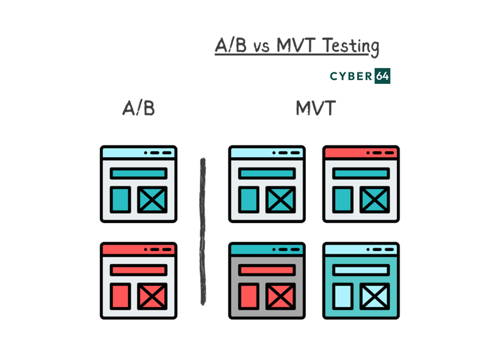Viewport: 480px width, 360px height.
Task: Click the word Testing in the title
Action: point(351,47)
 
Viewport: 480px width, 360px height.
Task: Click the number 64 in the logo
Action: point(383,76)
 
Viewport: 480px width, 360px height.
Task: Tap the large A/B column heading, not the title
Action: point(139,108)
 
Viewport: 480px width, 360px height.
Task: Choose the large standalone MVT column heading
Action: point(316,108)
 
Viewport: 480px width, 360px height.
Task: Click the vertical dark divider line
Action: point(203,231)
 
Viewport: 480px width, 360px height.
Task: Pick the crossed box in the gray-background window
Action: point(280,296)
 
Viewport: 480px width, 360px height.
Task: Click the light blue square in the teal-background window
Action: point(344,296)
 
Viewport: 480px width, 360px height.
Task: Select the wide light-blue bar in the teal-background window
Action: point(362,270)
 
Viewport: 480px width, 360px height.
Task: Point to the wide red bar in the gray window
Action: point(267,270)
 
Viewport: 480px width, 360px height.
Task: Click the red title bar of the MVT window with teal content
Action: point(362,153)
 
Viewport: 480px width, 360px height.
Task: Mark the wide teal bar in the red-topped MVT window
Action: point(362,174)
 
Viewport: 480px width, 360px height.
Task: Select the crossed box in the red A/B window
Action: point(152,296)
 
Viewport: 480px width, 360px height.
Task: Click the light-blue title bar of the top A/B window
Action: point(138,153)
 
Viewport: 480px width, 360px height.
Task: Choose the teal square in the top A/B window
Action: point(120,199)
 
